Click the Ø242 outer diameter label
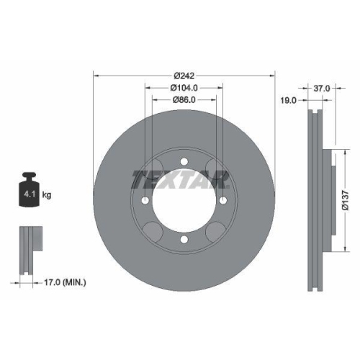pyautogui.click(x=184, y=76)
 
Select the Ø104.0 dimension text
pyautogui.click(x=184, y=88)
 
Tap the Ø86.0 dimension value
pyautogui.click(x=184, y=100)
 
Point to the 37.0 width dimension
pyautogui.click(x=322, y=89)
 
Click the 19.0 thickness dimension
pyautogui.click(x=289, y=100)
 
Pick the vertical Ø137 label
pyautogui.click(x=346, y=201)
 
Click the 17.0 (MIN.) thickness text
pyautogui.click(x=65, y=282)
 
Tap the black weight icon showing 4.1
pyautogui.click(x=29, y=189)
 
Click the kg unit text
pyautogui.click(x=47, y=194)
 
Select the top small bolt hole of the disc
pyautogui.click(x=184, y=161)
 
